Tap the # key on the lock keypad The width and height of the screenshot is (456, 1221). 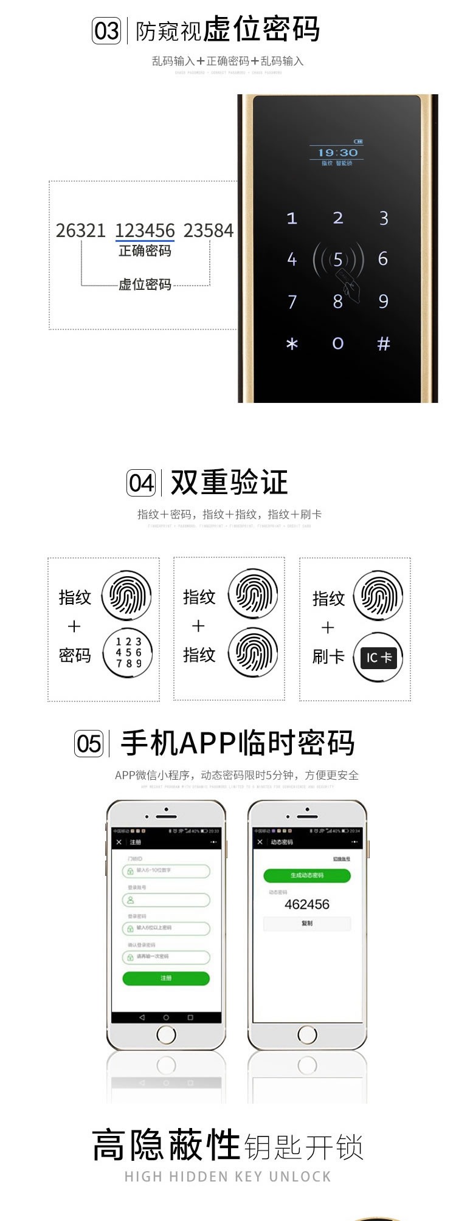[x=383, y=344]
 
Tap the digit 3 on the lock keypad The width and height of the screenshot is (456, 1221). [x=384, y=218]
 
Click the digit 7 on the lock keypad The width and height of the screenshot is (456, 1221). [x=292, y=301]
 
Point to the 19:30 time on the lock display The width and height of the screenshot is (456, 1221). [x=337, y=153]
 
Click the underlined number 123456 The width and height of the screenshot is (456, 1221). [x=145, y=230]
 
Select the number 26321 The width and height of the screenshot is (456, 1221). [x=81, y=230]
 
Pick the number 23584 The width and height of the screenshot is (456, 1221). [x=209, y=230]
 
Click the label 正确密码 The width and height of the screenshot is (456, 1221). [x=145, y=251]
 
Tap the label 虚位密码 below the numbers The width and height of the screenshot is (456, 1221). [x=145, y=284]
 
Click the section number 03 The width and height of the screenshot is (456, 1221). [x=106, y=31]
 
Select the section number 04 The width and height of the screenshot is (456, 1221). [x=141, y=484]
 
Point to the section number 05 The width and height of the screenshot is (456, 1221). [x=89, y=744]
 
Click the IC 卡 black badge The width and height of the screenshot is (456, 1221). [x=378, y=658]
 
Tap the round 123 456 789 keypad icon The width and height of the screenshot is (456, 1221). [x=128, y=653]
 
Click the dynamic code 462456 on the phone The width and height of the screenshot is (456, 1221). [x=307, y=904]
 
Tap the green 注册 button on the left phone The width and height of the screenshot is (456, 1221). [x=166, y=978]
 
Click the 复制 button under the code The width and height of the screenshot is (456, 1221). [x=307, y=923]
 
